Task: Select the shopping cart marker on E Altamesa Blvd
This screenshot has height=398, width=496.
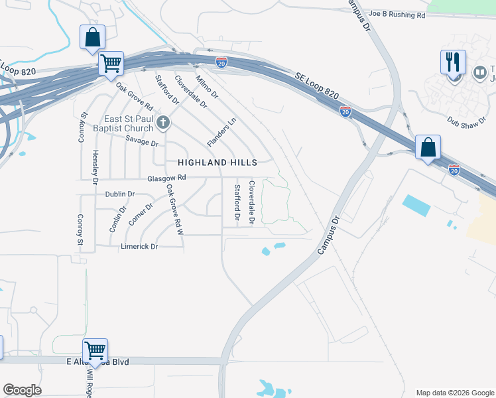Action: [x=95, y=350]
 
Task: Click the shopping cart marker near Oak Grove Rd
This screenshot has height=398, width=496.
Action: [x=111, y=64]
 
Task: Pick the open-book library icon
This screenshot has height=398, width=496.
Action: [x=479, y=72]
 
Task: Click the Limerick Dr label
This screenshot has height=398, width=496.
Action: [x=139, y=247]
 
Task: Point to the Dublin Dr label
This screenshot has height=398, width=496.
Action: [x=120, y=194]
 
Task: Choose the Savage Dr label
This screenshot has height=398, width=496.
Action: [x=142, y=143]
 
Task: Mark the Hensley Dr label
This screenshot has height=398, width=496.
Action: [x=95, y=167]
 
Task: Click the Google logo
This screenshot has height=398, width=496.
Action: [x=22, y=390]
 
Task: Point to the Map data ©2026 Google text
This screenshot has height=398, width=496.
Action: [x=454, y=393]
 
